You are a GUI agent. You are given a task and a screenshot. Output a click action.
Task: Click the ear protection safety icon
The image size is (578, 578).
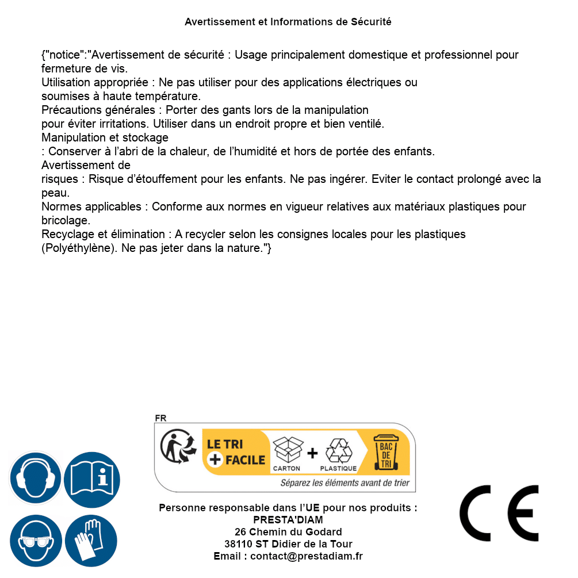36,479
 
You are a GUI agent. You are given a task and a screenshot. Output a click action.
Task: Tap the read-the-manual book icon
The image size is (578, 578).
91,479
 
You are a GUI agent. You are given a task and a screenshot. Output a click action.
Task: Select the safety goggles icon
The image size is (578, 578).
36,541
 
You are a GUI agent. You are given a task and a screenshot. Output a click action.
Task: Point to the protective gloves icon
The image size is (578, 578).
91,541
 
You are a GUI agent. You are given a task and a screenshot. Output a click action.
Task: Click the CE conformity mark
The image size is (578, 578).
499,514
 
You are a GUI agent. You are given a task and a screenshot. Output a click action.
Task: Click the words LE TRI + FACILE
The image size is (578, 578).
236,452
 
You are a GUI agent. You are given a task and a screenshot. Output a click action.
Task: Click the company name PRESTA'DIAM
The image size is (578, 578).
288,520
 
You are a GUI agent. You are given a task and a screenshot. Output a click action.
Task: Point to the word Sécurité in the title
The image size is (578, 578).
371,22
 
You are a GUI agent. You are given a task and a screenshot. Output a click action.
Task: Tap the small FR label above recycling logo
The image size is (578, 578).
160,418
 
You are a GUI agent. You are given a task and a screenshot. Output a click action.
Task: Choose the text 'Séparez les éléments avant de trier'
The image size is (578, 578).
345,483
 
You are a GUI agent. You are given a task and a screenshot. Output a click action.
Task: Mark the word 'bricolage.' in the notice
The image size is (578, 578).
66,220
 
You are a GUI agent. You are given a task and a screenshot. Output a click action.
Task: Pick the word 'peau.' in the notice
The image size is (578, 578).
55,193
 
